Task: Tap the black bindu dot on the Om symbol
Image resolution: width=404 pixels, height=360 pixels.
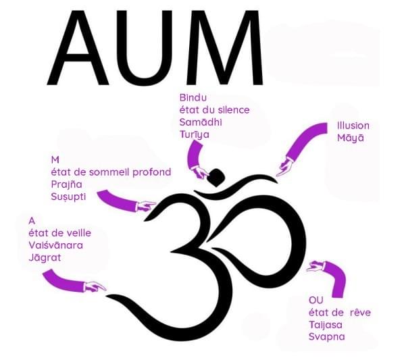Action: [x=217, y=177]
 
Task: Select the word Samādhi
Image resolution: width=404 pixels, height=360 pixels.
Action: [x=201, y=122]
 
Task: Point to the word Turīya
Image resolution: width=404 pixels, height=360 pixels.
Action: [x=195, y=134]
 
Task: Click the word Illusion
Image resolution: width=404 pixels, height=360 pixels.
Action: [x=353, y=126]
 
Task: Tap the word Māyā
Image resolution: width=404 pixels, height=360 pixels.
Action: [x=351, y=138]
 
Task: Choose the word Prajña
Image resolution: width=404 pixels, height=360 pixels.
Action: [x=66, y=184]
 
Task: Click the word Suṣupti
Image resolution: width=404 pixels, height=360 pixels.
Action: [x=68, y=197]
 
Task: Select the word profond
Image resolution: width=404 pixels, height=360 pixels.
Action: [x=151, y=172]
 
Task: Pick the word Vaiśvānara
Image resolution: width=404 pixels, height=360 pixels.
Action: [x=56, y=245]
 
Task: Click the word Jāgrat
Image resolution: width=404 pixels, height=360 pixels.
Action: [x=45, y=257]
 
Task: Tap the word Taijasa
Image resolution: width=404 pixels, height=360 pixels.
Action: [x=326, y=324]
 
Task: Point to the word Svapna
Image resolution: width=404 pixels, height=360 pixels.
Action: [x=327, y=337]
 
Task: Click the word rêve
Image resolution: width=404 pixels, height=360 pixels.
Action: [x=360, y=312]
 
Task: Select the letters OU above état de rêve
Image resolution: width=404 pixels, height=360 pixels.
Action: [x=315, y=301]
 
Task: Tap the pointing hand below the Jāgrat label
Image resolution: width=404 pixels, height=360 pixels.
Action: [x=95, y=286]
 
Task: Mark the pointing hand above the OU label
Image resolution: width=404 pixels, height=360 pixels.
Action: [x=316, y=266]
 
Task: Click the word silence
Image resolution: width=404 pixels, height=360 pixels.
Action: [x=234, y=110]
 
